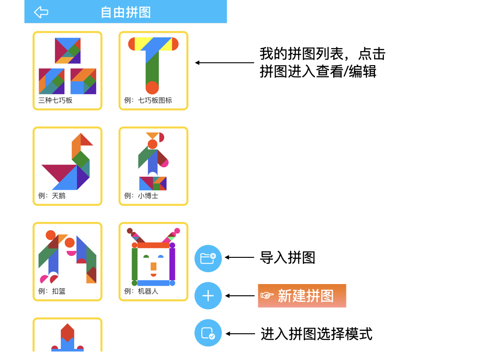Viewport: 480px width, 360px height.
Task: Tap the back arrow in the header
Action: click(x=41, y=12)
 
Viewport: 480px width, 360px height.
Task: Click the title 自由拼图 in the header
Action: click(x=126, y=12)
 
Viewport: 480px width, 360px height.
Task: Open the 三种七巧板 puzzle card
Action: click(x=67, y=70)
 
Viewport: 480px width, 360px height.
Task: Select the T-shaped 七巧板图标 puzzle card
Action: click(x=153, y=70)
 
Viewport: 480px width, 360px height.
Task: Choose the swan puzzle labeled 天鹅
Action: click(x=67, y=166)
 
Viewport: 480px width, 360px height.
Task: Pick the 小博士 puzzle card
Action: click(x=153, y=166)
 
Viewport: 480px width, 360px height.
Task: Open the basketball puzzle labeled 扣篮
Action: click(x=67, y=262)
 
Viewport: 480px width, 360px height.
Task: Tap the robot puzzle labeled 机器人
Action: click(x=153, y=262)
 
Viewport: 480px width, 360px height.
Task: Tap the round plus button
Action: click(x=208, y=296)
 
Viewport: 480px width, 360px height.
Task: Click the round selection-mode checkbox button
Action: click(x=208, y=333)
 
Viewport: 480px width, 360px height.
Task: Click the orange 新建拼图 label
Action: click(x=302, y=296)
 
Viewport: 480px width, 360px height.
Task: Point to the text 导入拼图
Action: click(x=287, y=257)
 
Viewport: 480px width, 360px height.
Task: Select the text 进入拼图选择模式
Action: click(x=316, y=334)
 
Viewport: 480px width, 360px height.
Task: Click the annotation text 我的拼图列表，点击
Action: click(x=322, y=54)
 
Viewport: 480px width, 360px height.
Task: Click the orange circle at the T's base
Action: click(x=152, y=88)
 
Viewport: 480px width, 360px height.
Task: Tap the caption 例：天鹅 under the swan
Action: click(x=52, y=196)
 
